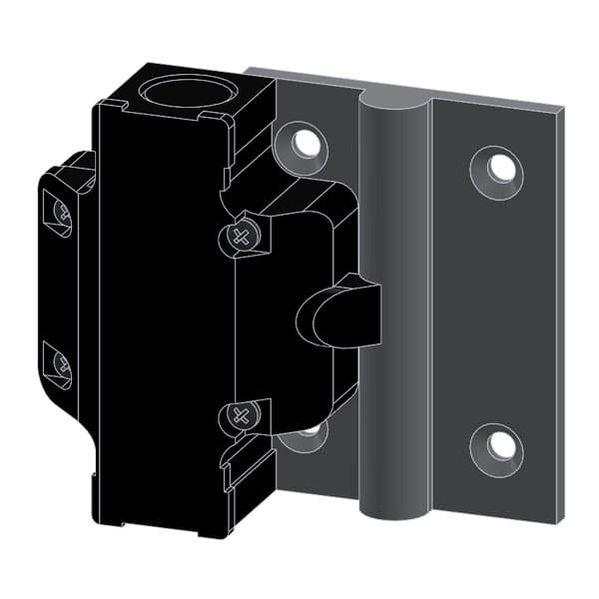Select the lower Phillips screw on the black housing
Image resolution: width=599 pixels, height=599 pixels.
click(240, 414)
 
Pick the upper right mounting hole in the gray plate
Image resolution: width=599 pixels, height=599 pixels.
click(501, 168)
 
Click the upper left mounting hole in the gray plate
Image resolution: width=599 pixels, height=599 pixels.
click(307, 144)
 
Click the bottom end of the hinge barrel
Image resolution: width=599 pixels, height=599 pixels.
click(393, 514)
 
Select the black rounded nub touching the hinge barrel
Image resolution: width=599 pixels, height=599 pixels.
click(339, 313)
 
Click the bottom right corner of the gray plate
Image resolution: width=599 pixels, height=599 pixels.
click(562, 520)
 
